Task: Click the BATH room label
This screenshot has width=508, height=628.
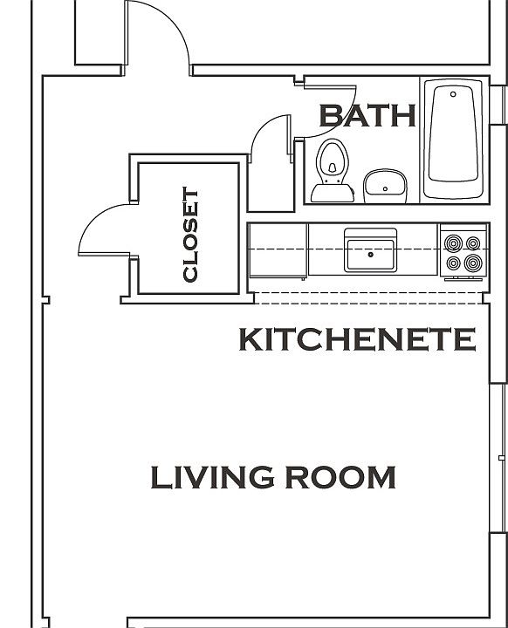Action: click(x=367, y=115)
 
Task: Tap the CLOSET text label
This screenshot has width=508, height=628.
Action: click(x=190, y=235)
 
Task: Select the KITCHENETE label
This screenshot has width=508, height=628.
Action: click(x=358, y=339)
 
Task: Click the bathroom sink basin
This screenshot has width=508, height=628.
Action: click(x=384, y=183)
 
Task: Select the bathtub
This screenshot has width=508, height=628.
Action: click(x=454, y=140)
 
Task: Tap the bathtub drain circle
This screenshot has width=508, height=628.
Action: click(x=453, y=92)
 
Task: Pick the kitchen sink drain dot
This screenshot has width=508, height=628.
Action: click(x=370, y=255)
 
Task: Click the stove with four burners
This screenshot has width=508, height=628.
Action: click(x=462, y=251)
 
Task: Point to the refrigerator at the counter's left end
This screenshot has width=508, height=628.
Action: click(x=278, y=251)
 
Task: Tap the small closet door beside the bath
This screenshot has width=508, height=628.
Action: click(x=271, y=140)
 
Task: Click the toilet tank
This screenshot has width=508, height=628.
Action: click(x=333, y=193)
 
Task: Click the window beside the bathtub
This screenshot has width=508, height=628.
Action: click(x=497, y=140)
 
